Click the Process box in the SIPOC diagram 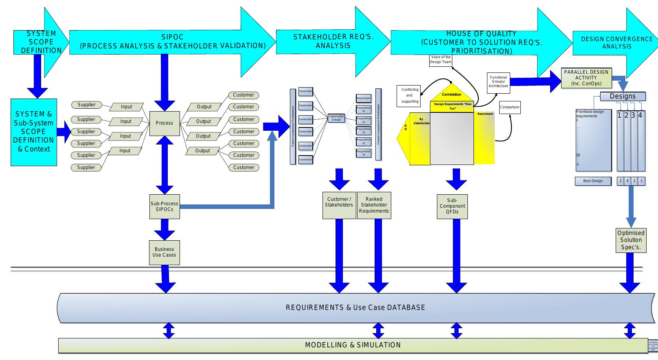pos(164,123)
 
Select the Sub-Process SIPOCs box pos(164,206)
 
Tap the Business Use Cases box pos(164,252)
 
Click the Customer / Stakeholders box pos(339,205)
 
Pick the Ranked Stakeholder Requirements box pos(374,205)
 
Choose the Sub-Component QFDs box pos(452,206)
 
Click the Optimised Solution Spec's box pos(631,240)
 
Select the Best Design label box pos(593,181)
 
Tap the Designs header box pos(623,97)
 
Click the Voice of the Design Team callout pos(441,59)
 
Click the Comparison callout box pos(509,107)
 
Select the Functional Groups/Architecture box pos(498,81)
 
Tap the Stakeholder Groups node pos(336,118)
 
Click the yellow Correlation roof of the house pos(451,94)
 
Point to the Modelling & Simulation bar pos(353,345)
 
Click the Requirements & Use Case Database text pos(355,307)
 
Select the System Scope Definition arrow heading pos(41,42)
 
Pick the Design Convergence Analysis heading pos(616,43)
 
